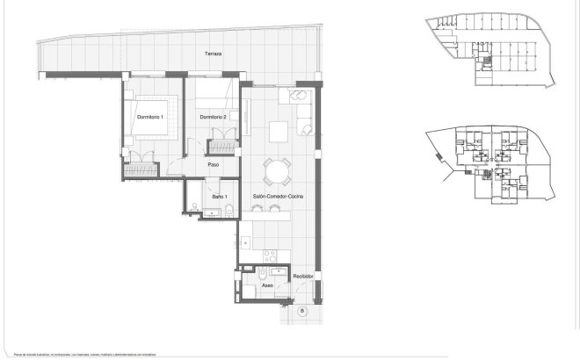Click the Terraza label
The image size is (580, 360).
pyautogui.click(x=213, y=54)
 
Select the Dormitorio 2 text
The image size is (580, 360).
pyautogui.click(x=213, y=117)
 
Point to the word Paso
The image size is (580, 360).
pyautogui.click(x=213, y=164)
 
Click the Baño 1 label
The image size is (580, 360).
pyautogui.click(x=219, y=196)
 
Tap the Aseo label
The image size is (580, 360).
pyautogui.click(x=268, y=285)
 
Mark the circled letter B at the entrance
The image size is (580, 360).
pyautogui.click(x=302, y=310)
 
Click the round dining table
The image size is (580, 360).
pyautogui.click(x=279, y=170)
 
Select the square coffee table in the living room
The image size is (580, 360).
pyautogui.click(x=279, y=131)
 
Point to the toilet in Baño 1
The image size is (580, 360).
pyautogui.click(x=228, y=208)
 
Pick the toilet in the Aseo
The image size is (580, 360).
pyautogui.click(x=250, y=285)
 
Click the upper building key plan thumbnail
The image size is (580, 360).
pyautogui.click(x=486, y=53)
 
